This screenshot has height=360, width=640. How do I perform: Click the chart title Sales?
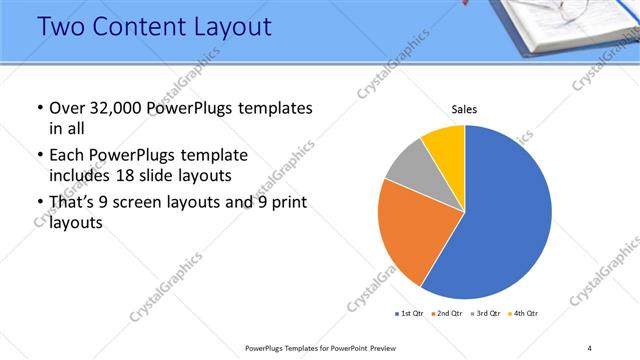point(465,110)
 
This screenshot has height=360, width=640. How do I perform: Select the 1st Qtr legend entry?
point(409,314)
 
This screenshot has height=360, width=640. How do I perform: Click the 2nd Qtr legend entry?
point(446,314)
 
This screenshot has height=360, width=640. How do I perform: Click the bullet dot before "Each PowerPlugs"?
point(39,157)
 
